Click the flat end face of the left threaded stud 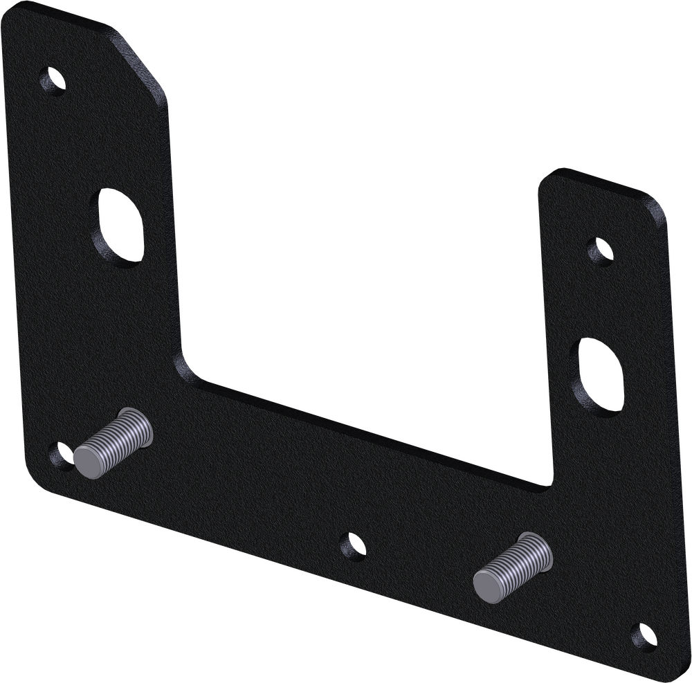pos(90,462)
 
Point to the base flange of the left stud pos(138,421)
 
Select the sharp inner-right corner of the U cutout pos(549,486)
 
